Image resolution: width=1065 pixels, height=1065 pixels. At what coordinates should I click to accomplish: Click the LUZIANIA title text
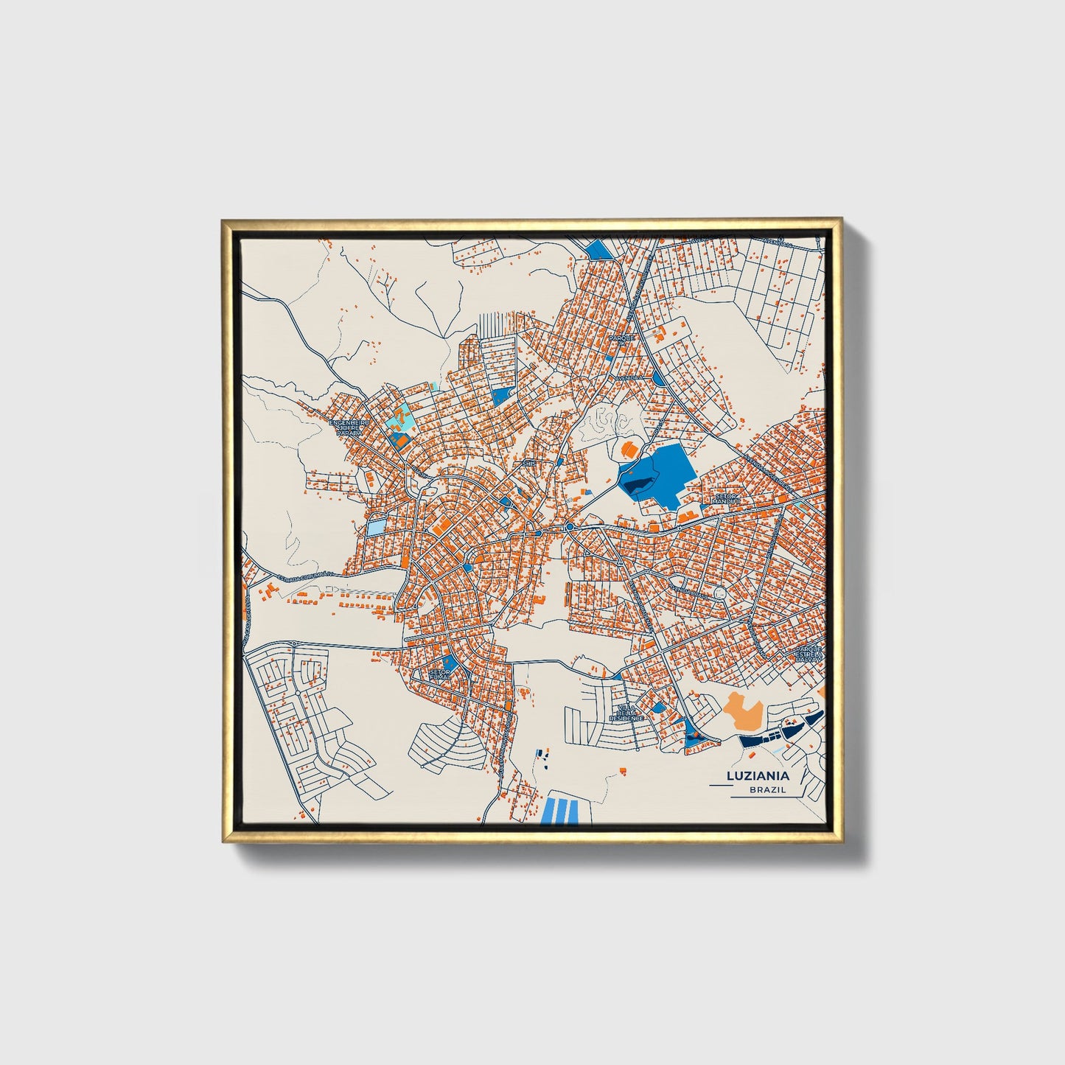pos(758,776)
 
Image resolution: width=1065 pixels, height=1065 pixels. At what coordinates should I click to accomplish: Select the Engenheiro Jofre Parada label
pos(349,428)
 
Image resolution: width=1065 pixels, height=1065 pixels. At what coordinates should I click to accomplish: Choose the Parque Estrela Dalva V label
pos(808,654)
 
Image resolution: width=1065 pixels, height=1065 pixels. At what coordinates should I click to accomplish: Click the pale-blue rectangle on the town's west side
pos(376,528)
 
